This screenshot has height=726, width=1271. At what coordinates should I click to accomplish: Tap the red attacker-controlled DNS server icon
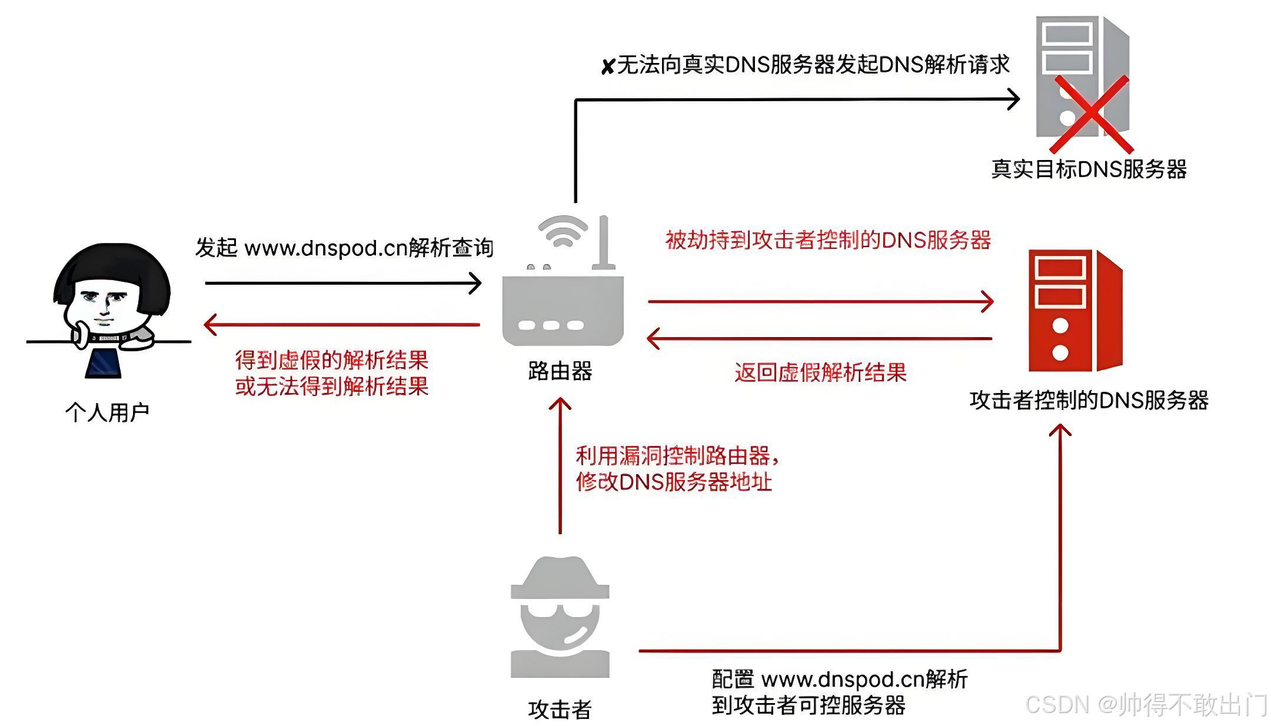click(1074, 311)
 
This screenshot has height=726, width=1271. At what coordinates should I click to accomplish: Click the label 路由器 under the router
click(560, 371)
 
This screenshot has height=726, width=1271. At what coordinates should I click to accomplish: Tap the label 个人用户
click(107, 412)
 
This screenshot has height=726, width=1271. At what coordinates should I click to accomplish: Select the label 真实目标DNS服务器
click(1089, 169)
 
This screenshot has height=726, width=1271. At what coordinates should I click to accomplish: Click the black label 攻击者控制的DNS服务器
click(1089, 401)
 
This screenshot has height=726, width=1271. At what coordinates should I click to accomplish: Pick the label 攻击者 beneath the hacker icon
click(560, 710)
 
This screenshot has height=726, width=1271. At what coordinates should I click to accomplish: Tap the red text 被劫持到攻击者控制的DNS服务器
click(828, 240)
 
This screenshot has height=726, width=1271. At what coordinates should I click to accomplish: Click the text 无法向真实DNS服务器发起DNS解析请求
click(812, 65)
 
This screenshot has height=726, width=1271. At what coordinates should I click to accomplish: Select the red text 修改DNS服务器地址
click(674, 482)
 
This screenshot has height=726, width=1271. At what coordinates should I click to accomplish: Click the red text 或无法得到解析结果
click(331, 387)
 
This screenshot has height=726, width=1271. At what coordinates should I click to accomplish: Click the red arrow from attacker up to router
click(560, 465)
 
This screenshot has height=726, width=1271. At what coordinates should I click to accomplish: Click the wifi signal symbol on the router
click(563, 231)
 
